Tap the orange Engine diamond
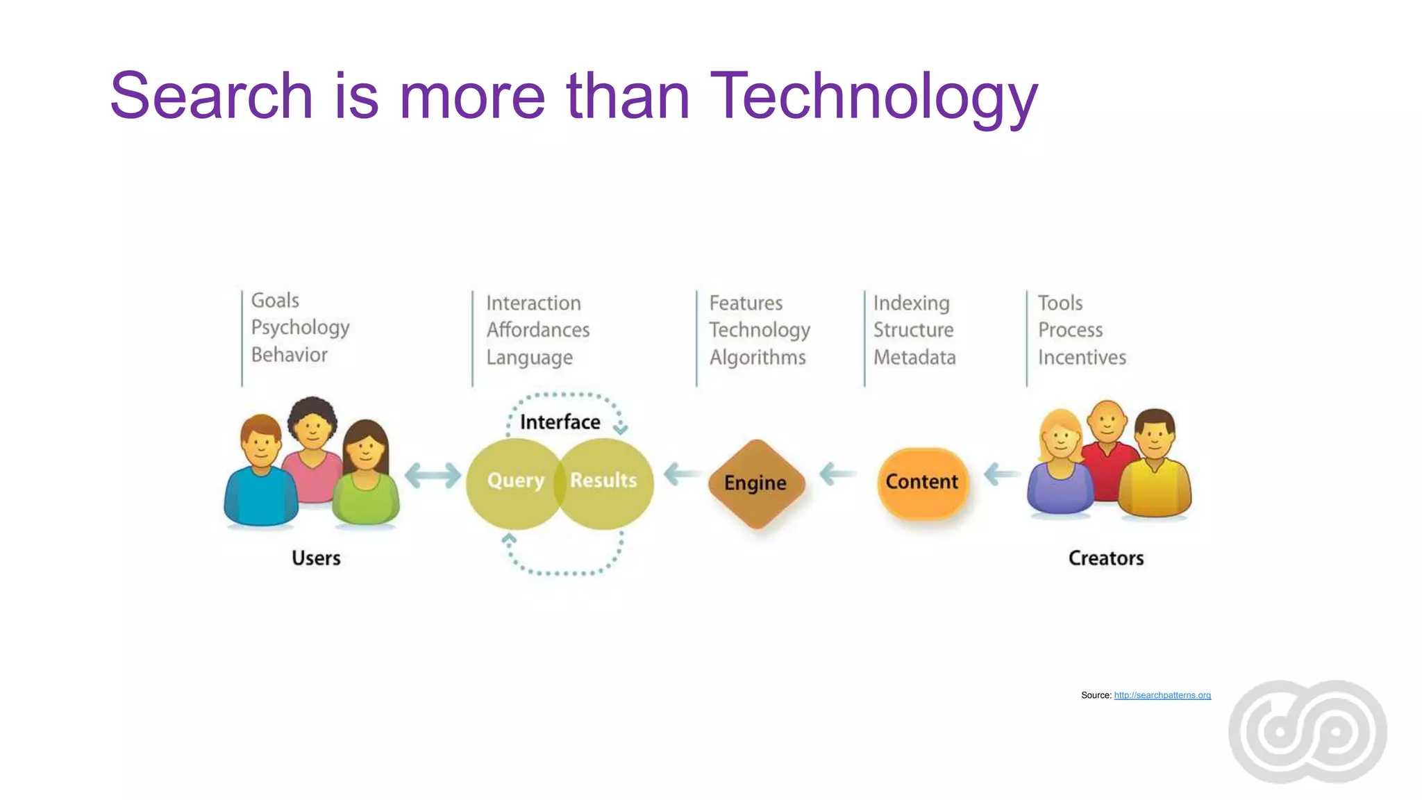pos(756,483)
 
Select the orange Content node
pos(922,482)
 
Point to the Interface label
pos(560,422)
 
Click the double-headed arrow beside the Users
pos(433,476)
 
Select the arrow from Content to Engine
pos(837,474)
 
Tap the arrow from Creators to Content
pos(1002,474)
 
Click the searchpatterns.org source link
pos(1162,695)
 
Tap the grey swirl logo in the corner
pos(1307,731)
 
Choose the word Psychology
pos(300,328)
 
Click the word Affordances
pos(538,330)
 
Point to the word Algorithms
pos(758,358)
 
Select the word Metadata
pos(914,358)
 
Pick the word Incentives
pos(1082,358)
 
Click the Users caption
pos(316,558)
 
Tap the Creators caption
pos(1106,558)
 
